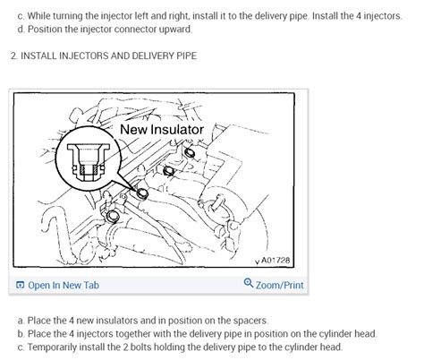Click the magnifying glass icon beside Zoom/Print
click(249, 282)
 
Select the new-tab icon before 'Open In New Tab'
click(20, 285)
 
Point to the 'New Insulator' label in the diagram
click(162, 130)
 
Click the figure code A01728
click(276, 261)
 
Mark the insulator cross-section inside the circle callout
click(89, 163)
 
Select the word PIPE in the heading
click(186, 56)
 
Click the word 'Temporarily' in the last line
click(52, 347)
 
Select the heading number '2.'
click(14, 56)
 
